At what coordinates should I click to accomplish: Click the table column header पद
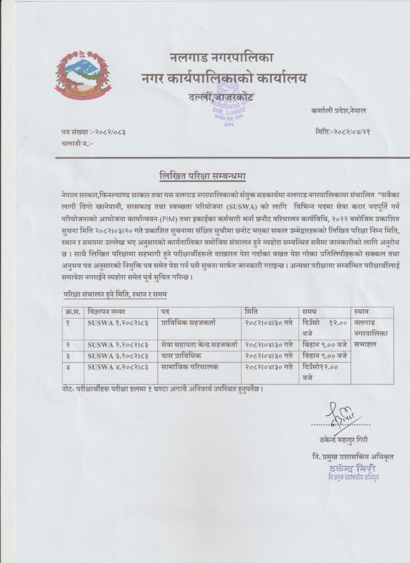tap(165, 311)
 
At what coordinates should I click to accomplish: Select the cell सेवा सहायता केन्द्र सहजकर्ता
tap(199, 344)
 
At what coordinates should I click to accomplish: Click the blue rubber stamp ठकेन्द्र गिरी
tap(354, 471)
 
